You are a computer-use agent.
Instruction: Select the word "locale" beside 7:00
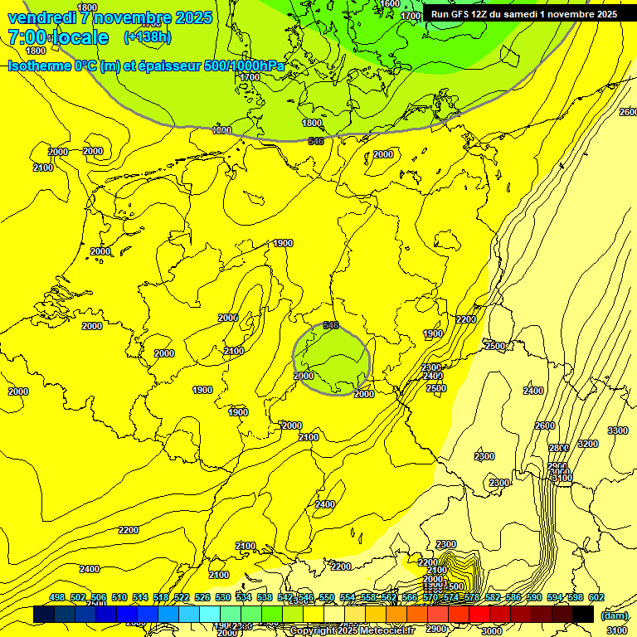tap(78, 37)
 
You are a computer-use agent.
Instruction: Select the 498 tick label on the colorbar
tap(57, 597)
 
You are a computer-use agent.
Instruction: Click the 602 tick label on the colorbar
tap(596, 597)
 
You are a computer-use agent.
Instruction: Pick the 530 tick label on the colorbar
tap(223, 597)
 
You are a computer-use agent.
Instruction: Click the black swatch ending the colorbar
tap(583, 615)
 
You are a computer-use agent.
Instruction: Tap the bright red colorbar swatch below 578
tap(479, 615)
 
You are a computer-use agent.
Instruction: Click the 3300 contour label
tap(617, 430)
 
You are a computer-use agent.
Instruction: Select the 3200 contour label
tap(587, 444)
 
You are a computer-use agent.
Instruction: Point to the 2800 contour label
tap(559, 449)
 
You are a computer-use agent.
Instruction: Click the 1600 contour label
tap(391, 4)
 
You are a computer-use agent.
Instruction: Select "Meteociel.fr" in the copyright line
tap(385, 630)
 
